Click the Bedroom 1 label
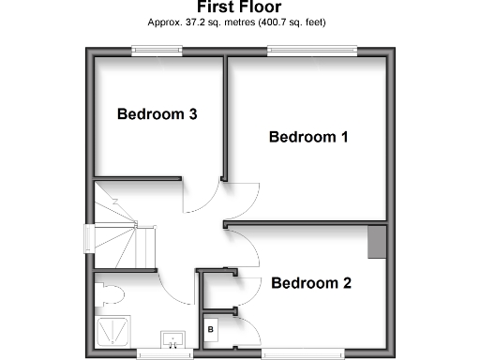coord(308,137)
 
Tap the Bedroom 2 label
coord(311,282)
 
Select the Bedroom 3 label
coord(157,114)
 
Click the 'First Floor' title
coord(240,7)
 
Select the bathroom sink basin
coord(173,339)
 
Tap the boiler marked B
coord(211,330)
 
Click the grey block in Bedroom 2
coord(377,242)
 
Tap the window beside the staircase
coord(91,239)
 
